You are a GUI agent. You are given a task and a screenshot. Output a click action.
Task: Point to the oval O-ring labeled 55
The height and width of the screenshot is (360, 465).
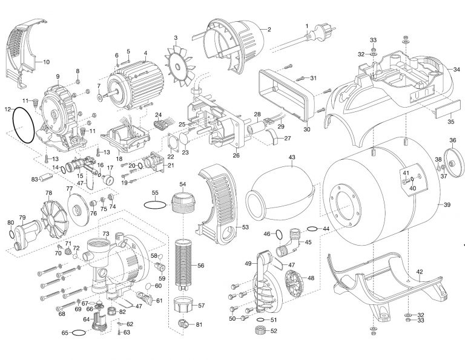(x=155, y=204)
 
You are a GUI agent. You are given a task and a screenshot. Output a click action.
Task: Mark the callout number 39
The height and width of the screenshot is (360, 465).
(x=447, y=205)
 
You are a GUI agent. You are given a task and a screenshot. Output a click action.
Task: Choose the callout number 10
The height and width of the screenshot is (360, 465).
(x=46, y=61)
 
